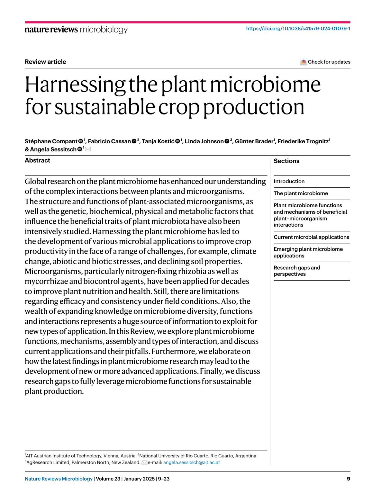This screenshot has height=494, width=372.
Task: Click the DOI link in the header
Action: tap(298, 29)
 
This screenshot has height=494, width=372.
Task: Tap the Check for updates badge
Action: tap(325, 62)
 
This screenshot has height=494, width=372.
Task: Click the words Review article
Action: tap(46, 62)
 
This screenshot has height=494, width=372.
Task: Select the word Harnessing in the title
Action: tap(75, 84)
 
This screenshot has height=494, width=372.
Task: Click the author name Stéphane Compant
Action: tap(51, 141)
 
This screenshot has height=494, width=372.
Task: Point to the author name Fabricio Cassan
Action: tap(109, 141)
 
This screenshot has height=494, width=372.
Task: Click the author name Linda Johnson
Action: tap(204, 141)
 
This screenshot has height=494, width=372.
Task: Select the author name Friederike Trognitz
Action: tap(303, 141)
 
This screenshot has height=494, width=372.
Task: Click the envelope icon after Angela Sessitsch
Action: tap(88, 149)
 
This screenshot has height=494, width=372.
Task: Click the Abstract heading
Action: tap(38, 160)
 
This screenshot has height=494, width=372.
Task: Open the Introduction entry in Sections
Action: tap(289, 181)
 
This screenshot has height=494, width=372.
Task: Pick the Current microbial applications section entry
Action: tap(311, 237)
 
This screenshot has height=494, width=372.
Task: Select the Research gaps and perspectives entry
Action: tap(297, 271)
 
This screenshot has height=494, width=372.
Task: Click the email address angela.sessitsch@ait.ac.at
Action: tap(192, 462)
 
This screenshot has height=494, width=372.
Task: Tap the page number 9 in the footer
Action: tap(348, 479)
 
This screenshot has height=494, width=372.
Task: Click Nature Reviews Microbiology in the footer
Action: tap(59, 479)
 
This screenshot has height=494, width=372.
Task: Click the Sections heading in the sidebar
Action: tap(286, 161)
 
